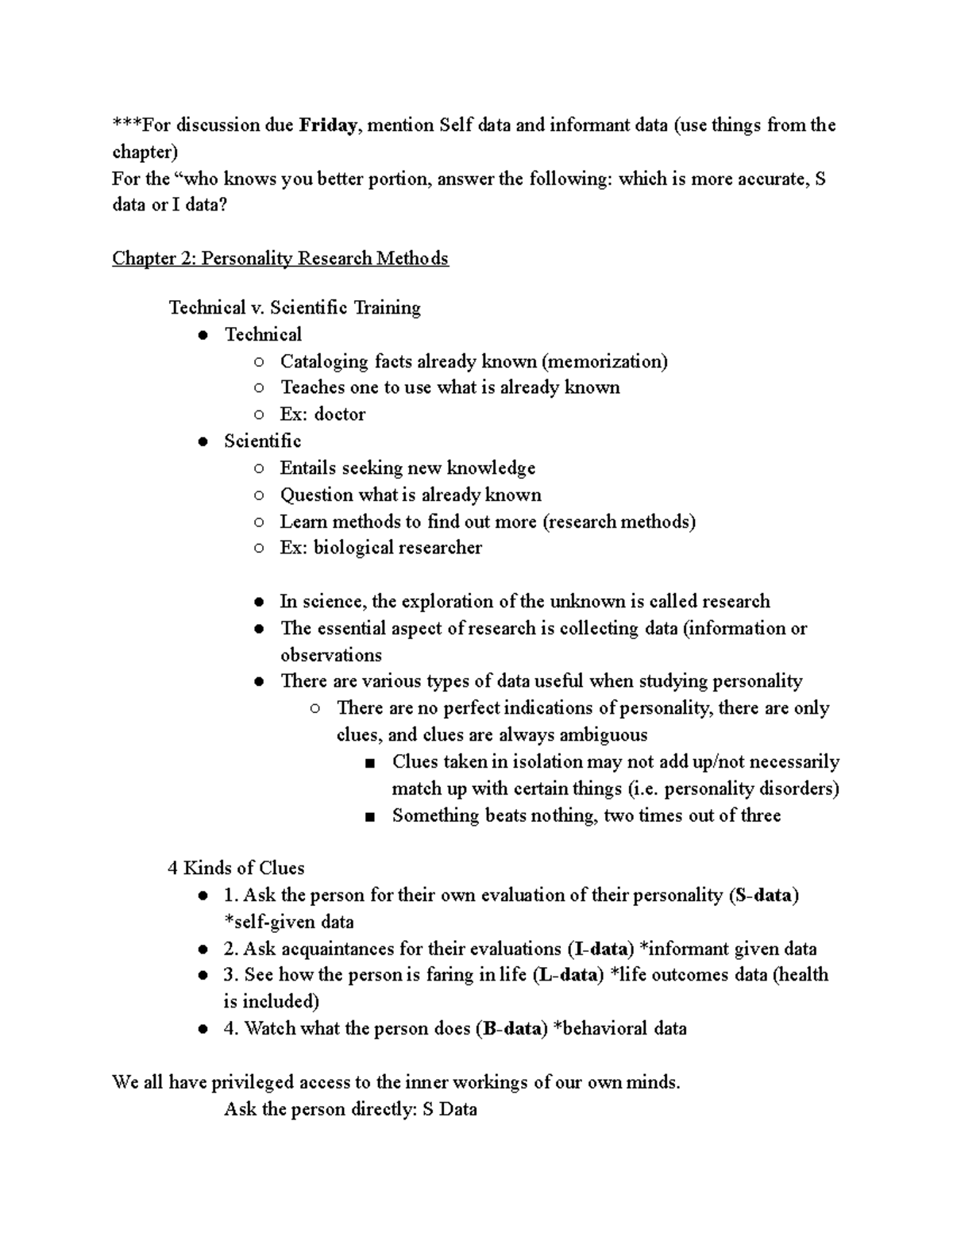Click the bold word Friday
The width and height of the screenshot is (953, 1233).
(x=327, y=125)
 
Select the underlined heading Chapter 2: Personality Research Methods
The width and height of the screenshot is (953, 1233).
(x=280, y=259)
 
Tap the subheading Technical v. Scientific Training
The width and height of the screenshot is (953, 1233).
(x=295, y=308)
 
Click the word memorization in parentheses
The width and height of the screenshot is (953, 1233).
(x=604, y=362)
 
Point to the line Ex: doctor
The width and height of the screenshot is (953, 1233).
(x=322, y=414)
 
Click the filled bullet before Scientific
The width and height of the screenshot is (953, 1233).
(x=204, y=441)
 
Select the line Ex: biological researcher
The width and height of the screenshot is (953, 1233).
(x=380, y=548)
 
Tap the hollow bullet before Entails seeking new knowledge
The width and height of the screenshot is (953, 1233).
(x=259, y=469)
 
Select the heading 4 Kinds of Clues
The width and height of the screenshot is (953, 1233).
(x=236, y=869)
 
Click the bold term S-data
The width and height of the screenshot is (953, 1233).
(x=763, y=896)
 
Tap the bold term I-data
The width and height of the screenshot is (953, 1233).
(x=600, y=950)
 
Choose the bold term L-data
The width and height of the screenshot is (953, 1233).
(x=569, y=975)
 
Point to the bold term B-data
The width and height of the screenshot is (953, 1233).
(x=512, y=1029)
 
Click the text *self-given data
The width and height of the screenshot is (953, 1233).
(x=289, y=923)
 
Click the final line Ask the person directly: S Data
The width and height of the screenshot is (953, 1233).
(x=350, y=1110)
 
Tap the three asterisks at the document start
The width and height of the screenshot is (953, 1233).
(x=126, y=125)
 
